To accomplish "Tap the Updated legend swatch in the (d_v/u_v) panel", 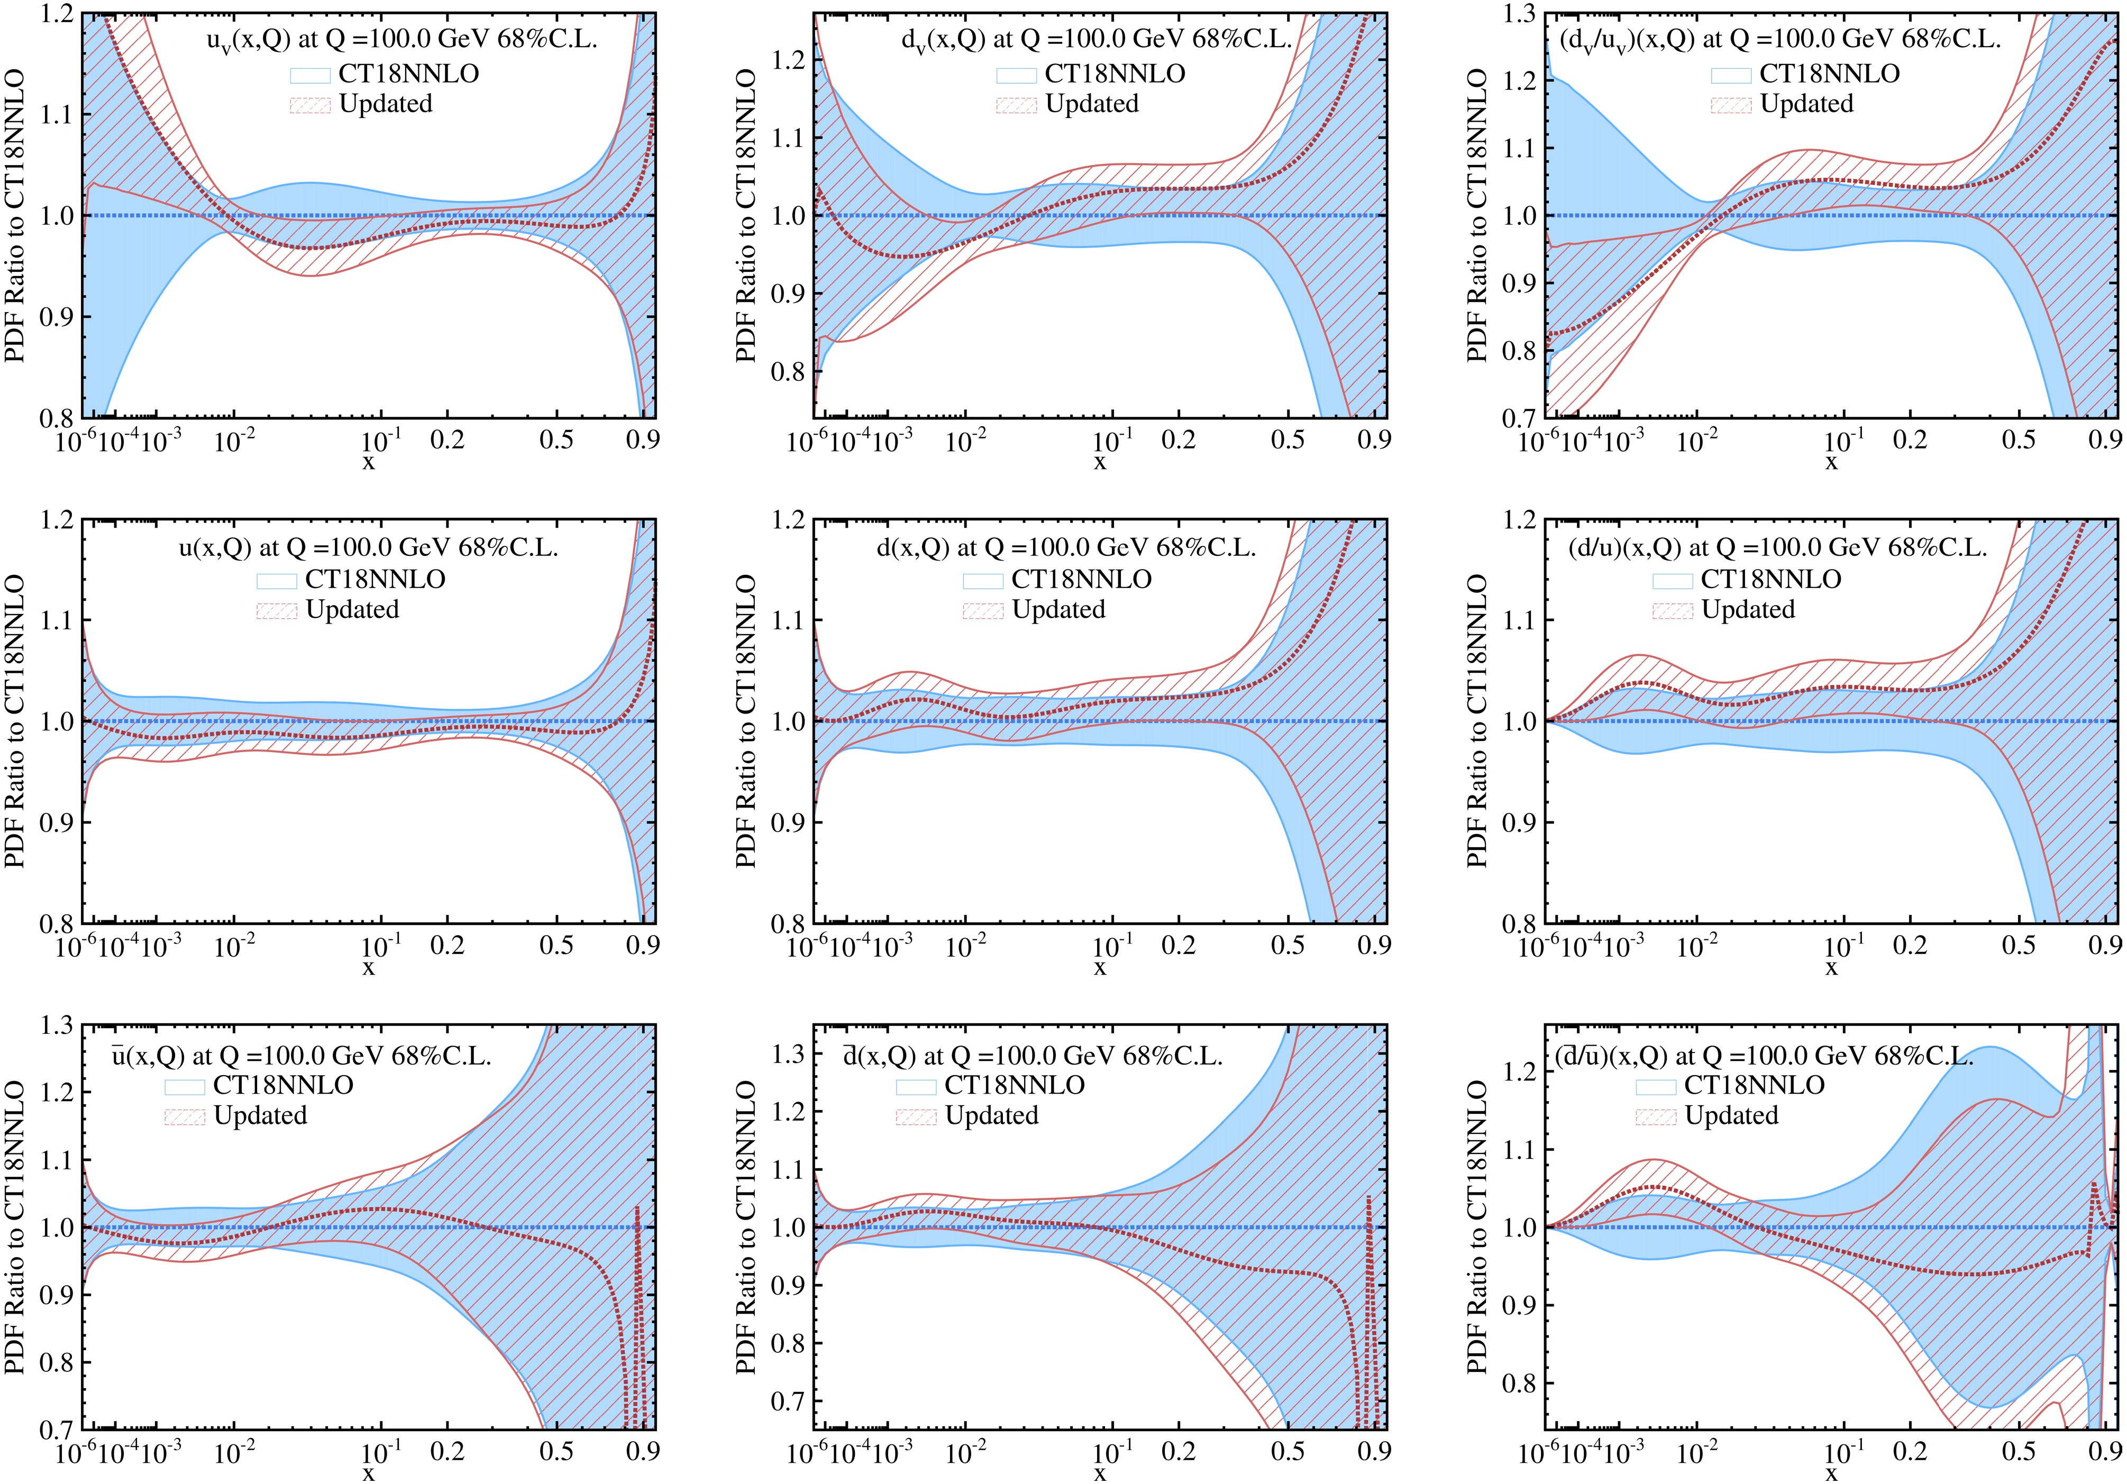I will pyautogui.click(x=1730, y=105).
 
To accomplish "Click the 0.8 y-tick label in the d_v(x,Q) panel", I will pyautogui.click(x=787, y=372).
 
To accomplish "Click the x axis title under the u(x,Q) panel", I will pyautogui.click(x=369, y=968).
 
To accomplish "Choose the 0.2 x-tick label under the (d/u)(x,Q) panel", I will pyautogui.click(x=1909, y=945).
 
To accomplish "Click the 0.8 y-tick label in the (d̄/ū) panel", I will pyautogui.click(x=1518, y=1384).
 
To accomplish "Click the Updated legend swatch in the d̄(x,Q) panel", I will pyautogui.click(x=915, y=1116).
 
